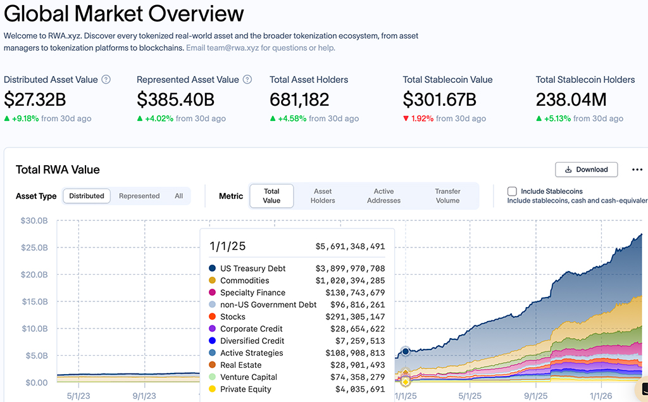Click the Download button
coord(586,170)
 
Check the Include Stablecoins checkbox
coord(512,191)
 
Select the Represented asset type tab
coord(139,196)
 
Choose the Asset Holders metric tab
coord(323,196)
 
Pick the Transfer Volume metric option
coord(447,196)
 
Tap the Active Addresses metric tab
coord(383,196)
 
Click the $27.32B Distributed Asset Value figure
coord(35,99)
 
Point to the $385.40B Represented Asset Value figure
coord(175,99)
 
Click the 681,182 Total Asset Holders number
coord(299,99)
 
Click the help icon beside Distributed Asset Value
coord(106,80)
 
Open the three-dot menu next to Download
coord(637,170)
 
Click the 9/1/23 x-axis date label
coord(144,395)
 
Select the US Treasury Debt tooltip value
coord(350,268)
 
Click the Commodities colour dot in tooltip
coord(212,280)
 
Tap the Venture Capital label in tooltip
coord(249,377)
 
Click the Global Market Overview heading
coord(123,13)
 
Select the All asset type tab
coord(179,196)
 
